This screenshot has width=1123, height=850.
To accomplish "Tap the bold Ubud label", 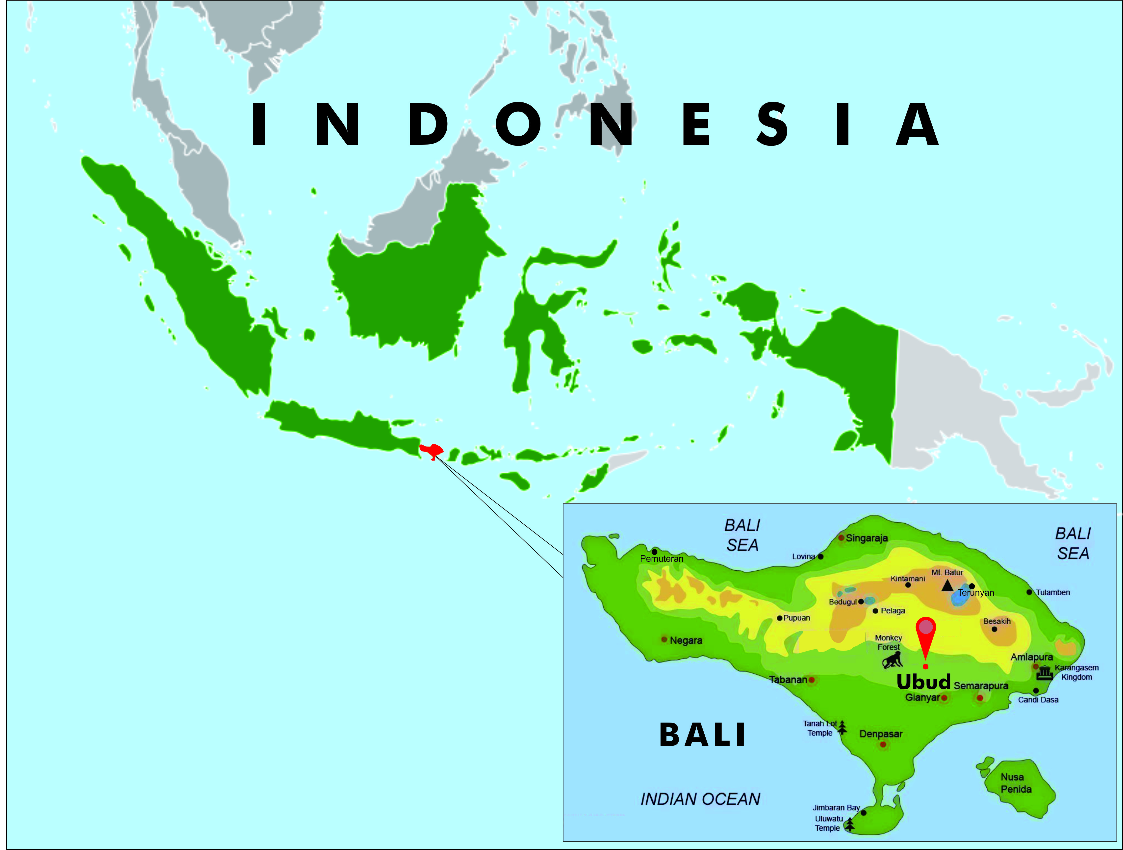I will [923, 682].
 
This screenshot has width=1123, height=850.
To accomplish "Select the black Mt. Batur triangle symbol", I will [947, 586].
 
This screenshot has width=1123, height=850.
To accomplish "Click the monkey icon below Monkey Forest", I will [892, 660].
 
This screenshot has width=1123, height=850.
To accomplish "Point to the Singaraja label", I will [867, 538].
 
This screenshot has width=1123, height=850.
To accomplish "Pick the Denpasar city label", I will [881, 734].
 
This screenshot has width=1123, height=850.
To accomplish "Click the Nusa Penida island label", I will [1016, 783].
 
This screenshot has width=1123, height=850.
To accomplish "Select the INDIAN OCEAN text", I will [700, 799].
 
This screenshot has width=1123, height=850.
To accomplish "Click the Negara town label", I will [686, 640].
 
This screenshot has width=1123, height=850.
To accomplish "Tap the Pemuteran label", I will [662, 559].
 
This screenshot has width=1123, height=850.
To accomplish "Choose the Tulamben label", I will [1053, 592].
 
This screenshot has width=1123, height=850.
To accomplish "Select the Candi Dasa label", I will [1038, 700].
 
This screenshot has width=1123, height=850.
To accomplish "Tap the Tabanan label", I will [788, 680].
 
